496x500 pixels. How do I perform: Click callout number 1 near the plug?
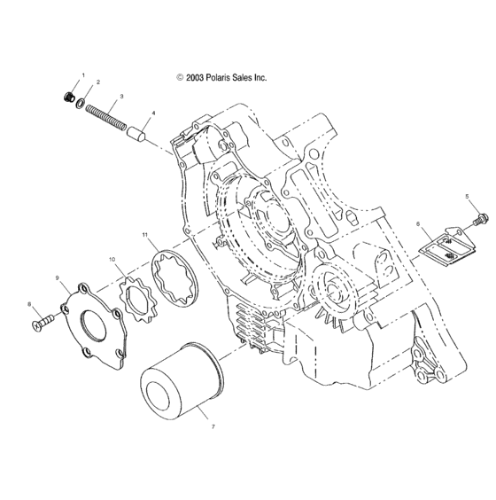tap(83, 75)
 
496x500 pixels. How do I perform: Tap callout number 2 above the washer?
tap(98, 82)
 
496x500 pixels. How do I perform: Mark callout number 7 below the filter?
tap(212, 426)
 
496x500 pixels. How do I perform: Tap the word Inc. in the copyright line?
tap(259, 78)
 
